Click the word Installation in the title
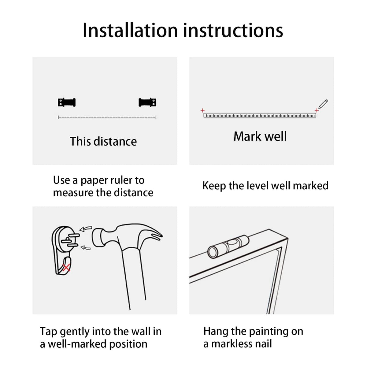pyautogui.click(x=130, y=30)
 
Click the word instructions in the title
pyautogui.click(x=233, y=30)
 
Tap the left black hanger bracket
pyautogui.click(x=67, y=102)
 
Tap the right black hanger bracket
pyautogui.click(x=147, y=102)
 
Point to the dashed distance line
pyautogui.click(x=107, y=117)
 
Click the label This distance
pyautogui.click(x=103, y=142)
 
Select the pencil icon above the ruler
pyautogui.click(x=323, y=104)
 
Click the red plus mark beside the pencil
pyautogui.click(x=317, y=110)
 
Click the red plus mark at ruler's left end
pyautogui.click(x=202, y=110)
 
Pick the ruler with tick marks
pyautogui.click(x=260, y=115)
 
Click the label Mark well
pyautogui.click(x=260, y=136)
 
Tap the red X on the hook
pyautogui.click(x=66, y=268)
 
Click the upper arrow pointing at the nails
pyautogui.click(x=86, y=229)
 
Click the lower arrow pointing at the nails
pyautogui.click(x=86, y=248)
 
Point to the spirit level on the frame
pyautogui.click(x=228, y=247)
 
